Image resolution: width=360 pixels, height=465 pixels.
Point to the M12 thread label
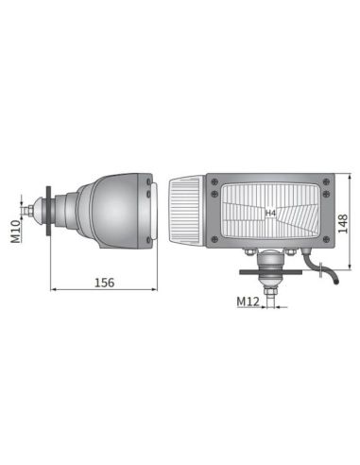(x=249, y=301)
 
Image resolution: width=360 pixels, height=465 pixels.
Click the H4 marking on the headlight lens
(x=270, y=214)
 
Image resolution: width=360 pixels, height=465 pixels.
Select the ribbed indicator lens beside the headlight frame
(x=185, y=215)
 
